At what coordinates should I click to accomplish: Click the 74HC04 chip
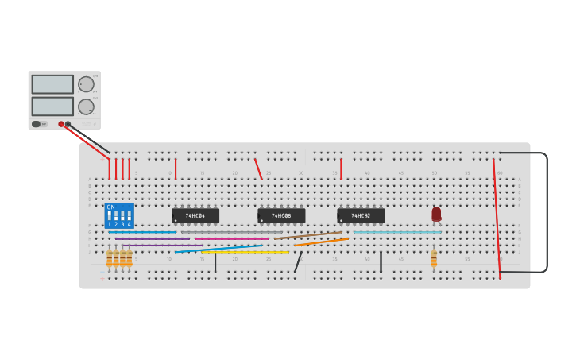(x=195, y=215)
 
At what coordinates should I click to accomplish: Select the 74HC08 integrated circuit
(x=281, y=215)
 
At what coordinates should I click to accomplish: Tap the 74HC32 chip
(x=361, y=215)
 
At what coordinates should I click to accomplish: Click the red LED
(x=436, y=214)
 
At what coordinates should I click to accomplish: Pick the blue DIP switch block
(x=119, y=215)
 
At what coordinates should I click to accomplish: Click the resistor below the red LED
(x=434, y=258)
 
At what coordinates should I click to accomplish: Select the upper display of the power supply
(x=52, y=84)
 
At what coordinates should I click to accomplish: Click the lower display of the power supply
(x=52, y=106)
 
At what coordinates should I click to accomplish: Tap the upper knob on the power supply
(x=86, y=84)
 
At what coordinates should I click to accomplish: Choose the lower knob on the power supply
(x=86, y=106)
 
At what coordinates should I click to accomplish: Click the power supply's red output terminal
(x=61, y=124)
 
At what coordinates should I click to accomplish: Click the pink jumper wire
(x=232, y=238)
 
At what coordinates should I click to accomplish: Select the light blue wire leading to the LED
(x=397, y=232)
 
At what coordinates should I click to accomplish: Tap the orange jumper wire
(x=321, y=242)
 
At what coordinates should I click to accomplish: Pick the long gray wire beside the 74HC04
(x=230, y=232)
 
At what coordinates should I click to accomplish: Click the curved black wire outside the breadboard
(x=547, y=211)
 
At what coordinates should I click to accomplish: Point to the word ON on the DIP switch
(x=110, y=207)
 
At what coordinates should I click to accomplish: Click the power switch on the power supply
(x=37, y=124)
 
